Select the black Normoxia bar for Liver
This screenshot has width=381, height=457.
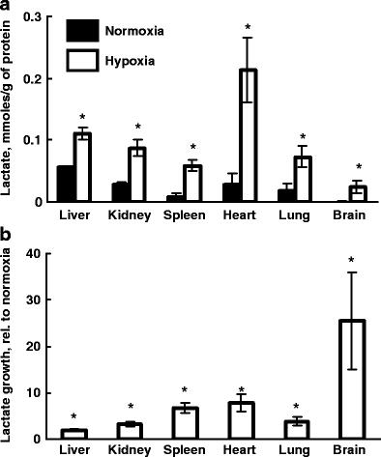(66, 184)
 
